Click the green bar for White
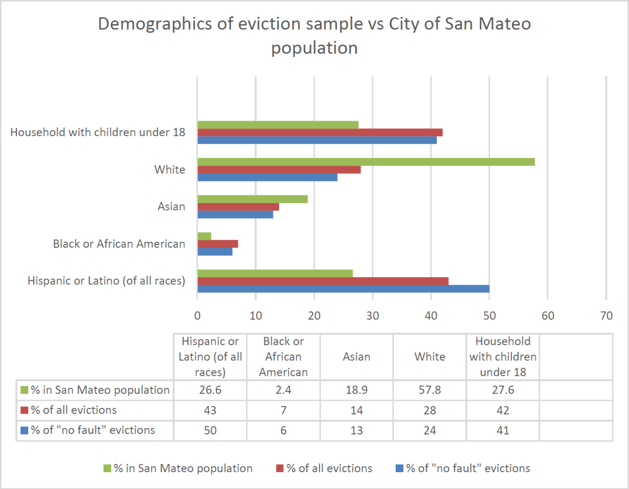(366, 162)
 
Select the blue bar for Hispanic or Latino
(343, 289)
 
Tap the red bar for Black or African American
(217, 244)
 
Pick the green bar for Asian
(252, 199)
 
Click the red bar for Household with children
(320, 132)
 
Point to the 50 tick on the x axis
(489, 316)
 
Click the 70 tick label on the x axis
(606, 316)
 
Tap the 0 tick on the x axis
(197, 316)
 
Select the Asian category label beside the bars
(172, 206)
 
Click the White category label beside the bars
(170, 169)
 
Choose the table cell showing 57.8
(430, 390)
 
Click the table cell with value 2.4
(283, 390)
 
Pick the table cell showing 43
(210, 410)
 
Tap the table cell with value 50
(210, 430)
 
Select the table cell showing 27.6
(503, 390)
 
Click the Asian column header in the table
(356, 357)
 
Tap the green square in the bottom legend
(107, 468)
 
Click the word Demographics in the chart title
(147, 25)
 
